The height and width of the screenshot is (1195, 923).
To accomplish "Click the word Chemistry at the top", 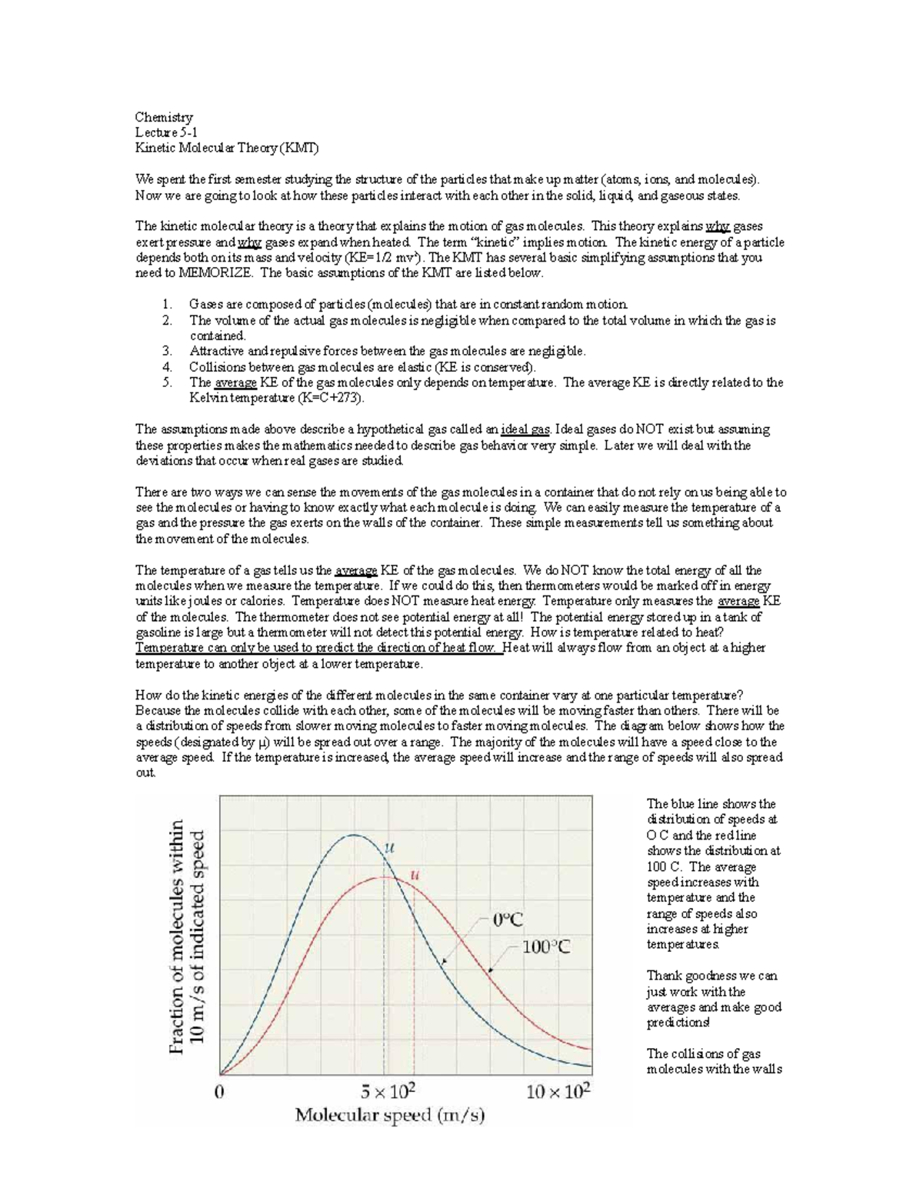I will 164,117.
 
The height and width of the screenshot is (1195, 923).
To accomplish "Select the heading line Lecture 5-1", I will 166,132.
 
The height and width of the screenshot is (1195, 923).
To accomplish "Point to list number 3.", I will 167,351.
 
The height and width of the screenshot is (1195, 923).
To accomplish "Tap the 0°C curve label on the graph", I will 508,919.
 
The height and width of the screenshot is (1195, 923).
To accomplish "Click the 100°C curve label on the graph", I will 547,947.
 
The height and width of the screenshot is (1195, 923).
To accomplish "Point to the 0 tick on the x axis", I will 220,1091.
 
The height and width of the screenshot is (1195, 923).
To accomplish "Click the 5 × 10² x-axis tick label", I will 388,1091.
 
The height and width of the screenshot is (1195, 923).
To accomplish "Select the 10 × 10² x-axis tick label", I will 558,1091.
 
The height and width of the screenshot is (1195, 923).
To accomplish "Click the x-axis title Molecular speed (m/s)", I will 391,1115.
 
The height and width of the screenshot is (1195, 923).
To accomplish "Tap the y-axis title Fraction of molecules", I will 177,936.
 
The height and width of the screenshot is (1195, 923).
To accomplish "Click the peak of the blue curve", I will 354,835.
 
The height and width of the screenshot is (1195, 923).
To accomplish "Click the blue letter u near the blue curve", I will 388,847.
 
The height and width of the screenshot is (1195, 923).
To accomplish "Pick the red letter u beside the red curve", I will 416,874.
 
